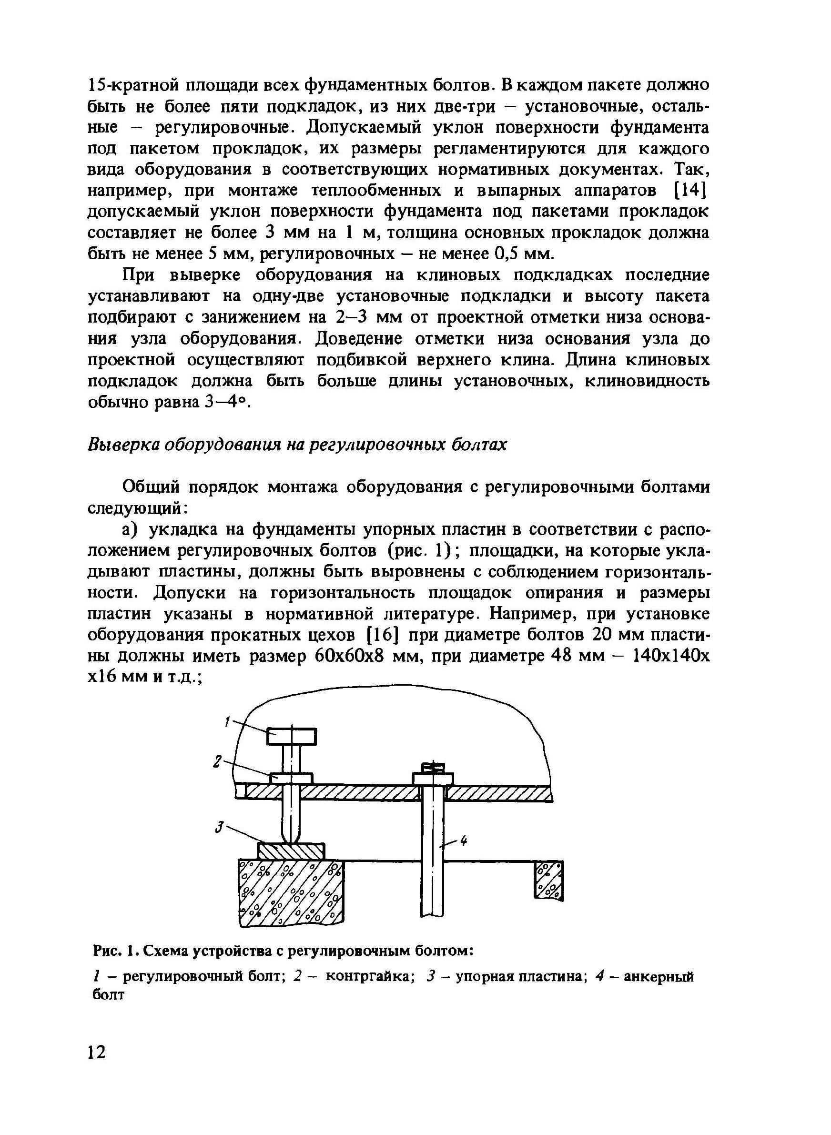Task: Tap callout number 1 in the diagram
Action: click(227, 723)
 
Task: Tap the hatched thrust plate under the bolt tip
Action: click(291, 851)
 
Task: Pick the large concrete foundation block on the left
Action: click(291, 892)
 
